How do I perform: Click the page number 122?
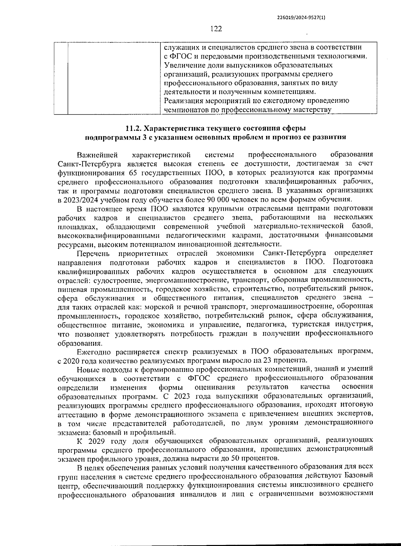coord(216,29)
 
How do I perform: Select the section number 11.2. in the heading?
coord(135,128)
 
